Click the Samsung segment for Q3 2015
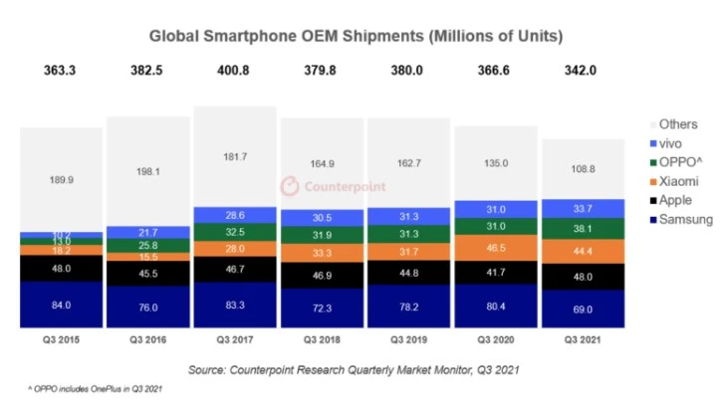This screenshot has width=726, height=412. click(62, 305)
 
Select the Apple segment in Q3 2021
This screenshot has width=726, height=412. click(584, 278)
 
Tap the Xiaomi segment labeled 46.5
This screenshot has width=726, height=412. click(496, 246)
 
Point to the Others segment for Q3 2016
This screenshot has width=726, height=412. click(148, 171)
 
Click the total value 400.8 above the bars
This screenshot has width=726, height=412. click(235, 72)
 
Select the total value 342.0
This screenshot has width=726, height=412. click(584, 72)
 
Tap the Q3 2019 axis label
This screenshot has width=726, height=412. click(409, 341)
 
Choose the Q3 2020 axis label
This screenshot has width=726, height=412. click(496, 341)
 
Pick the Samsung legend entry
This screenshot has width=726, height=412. click(682, 219)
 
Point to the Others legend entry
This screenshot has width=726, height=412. click(677, 124)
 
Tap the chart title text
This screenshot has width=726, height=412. click(357, 37)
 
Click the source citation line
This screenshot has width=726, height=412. click(357, 370)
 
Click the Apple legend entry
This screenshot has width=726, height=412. click(674, 200)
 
